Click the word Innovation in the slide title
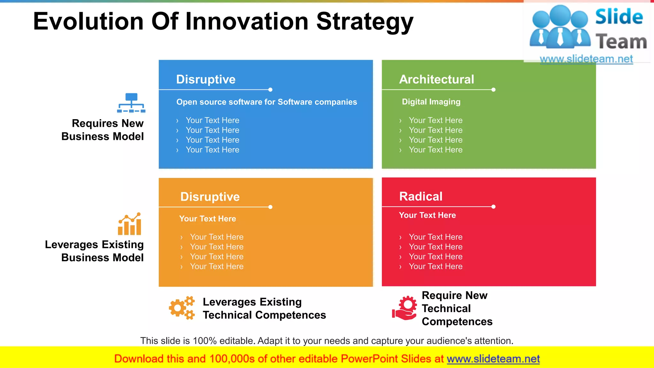pos(247,22)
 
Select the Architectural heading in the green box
pos(436,79)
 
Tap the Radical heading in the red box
pos(421,196)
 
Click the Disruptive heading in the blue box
pos(206,79)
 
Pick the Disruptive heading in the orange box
pos(210,197)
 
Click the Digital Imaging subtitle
pos(431,102)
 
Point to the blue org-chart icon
pos(131,103)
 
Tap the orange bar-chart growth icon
pos(130,224)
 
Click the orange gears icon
pos(182,308)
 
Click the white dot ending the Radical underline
pos(493,207)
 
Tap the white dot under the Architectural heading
pos(493,90)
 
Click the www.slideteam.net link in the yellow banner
pos(493,359)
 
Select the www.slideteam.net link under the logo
pos(586,59)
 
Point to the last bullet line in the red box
pos(435,266)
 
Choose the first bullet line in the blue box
pos(212,120)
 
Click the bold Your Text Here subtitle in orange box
pos(208,219)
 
